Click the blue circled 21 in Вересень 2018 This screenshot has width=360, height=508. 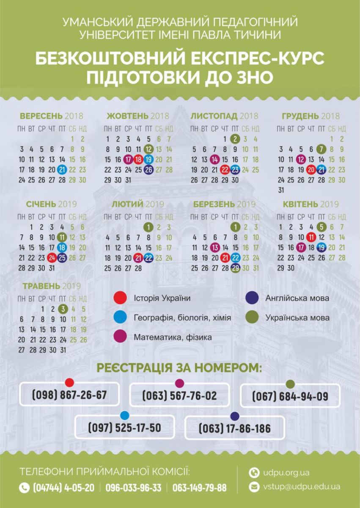(62, 170)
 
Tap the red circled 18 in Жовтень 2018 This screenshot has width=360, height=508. (138, 160)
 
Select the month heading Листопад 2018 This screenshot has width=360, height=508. (224, 116)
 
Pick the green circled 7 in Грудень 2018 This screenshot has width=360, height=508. (322, 149)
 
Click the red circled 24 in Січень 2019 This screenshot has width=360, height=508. (52, 258)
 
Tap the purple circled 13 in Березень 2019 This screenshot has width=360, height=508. (215, 248)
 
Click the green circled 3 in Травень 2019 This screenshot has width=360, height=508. (63, 309)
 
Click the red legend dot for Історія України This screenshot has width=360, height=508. (120, 298)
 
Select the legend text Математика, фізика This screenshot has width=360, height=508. (173, 337)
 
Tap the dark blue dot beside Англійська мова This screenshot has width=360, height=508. (252, 298)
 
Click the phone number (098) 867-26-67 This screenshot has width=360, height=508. (69, 395)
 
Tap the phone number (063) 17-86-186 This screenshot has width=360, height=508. (235, 428)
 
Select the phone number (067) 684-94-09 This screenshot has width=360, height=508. (290, 397)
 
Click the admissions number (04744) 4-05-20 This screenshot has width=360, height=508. (63, 488)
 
